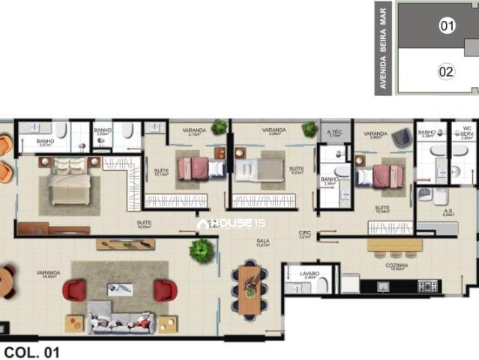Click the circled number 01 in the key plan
[x=448, y=26]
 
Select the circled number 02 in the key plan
[x=446, y=72]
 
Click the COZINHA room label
[x=397, y=265]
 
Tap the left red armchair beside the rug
[x=74, y=289]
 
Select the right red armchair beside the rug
[x=165, y=290]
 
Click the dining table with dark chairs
[x=250, y=289]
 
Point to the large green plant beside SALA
[x=202, y=250]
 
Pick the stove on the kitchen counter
[x=428, y=286]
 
